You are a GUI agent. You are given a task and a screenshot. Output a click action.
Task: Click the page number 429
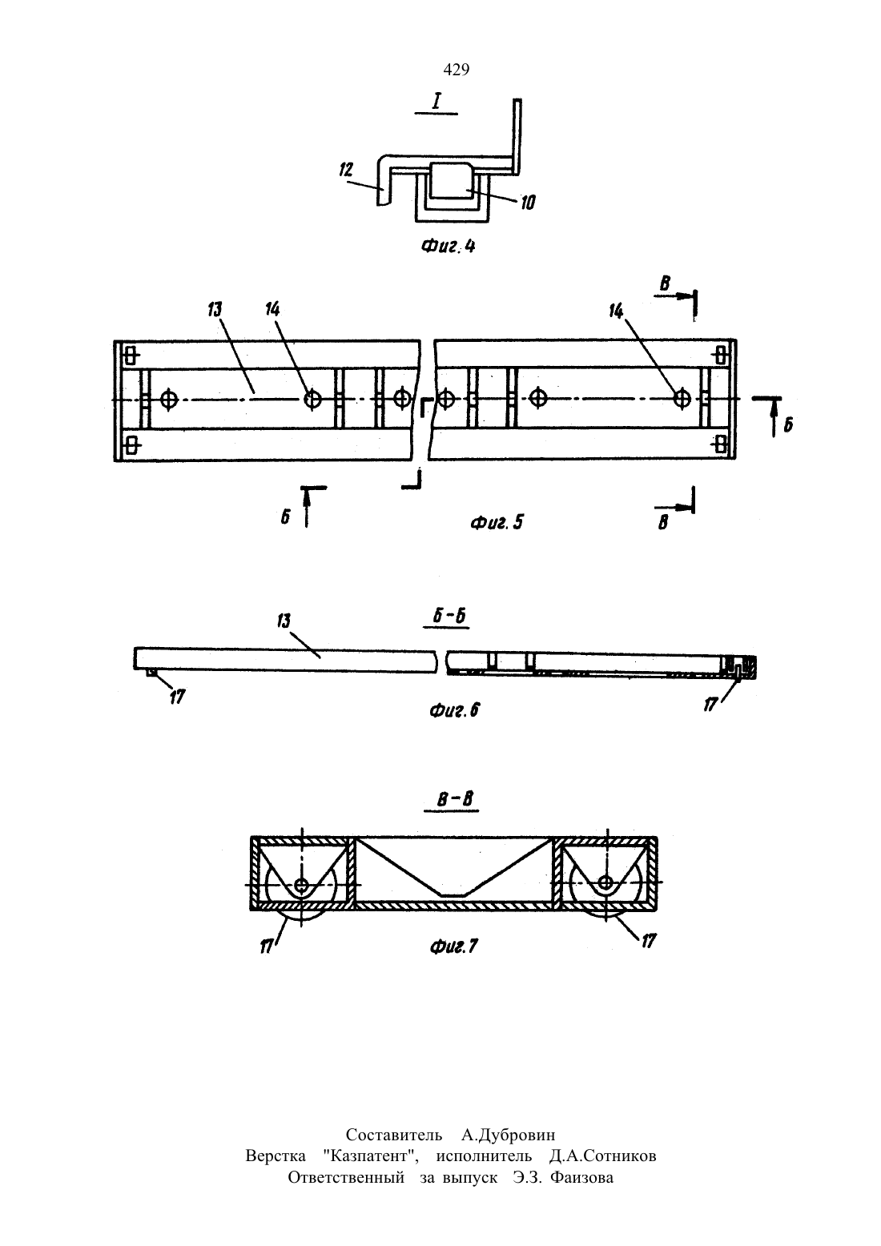click(x=456, y=70)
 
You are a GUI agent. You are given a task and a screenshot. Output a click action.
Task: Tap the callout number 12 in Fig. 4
click(x=346, y=170)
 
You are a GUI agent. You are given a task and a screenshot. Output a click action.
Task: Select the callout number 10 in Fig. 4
click(x=527, y=203)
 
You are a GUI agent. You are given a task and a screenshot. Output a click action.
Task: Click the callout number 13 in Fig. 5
click(x=215, y=309)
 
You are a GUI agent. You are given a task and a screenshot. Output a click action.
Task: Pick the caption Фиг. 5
click(x=497, y=522)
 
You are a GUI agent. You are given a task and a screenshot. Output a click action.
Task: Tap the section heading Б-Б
click(x=449, y=617)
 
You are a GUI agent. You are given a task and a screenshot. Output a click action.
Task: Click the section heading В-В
click(x=454, y=799)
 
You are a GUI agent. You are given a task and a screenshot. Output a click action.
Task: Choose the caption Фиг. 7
click(x=454, y=947)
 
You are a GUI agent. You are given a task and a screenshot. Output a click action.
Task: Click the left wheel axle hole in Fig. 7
click(x=302, y=885)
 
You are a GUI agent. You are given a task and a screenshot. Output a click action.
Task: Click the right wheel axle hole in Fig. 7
click(x=606, y=882)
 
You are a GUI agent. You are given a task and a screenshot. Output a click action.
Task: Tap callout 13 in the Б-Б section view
click(x=284, y=621)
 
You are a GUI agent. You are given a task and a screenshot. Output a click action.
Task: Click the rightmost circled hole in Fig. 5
click(x=682, y=398)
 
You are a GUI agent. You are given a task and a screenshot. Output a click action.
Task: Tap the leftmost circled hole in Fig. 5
click(x=168, y=399)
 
